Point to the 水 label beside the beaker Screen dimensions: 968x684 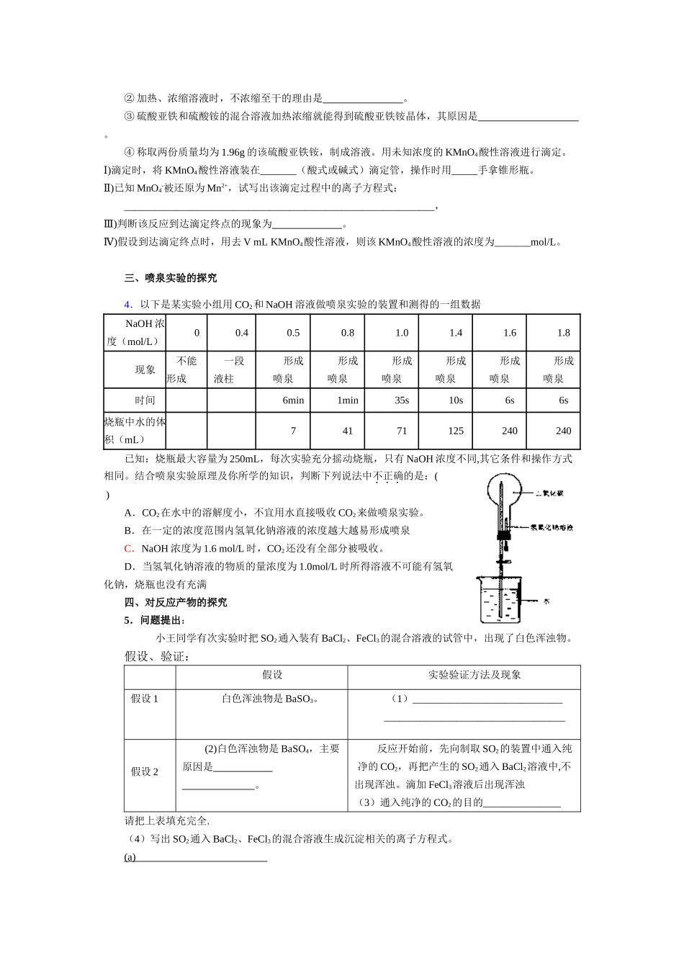548,600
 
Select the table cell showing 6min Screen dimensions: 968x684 293,400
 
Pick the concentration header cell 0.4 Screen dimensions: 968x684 241,333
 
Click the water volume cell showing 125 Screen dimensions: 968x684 455,431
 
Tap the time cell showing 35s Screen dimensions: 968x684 401,400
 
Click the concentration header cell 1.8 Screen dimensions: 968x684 563,333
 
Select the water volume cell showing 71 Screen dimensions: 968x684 401,431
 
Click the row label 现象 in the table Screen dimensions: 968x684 145,369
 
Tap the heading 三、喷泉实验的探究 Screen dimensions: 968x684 171,278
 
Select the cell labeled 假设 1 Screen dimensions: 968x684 144,699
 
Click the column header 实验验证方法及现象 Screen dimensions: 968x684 474,675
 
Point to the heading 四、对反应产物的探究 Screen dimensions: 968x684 176,602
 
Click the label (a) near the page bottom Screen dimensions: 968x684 130,857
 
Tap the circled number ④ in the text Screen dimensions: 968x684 129,152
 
